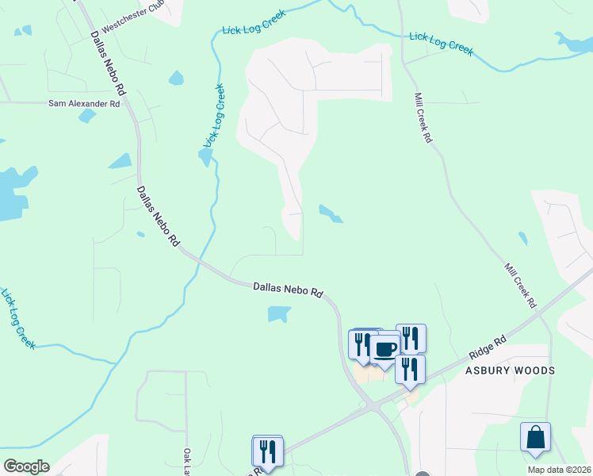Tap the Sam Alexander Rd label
pos(84,103)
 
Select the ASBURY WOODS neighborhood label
pos(509,370)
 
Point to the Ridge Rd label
pos(488,349)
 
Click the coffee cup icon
pos(385,349)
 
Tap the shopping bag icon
pos(535,437)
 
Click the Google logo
pos(26,466)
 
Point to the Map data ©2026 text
pos(559,470)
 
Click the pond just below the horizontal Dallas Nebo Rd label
pos(277,315)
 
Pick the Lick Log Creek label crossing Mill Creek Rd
pos(441,44)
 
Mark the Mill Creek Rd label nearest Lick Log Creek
pos(422,117)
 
